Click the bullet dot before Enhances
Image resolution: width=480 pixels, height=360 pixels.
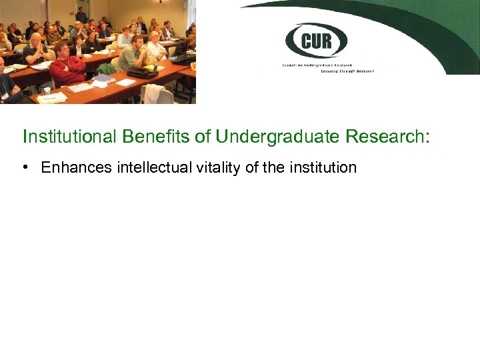pyautogui.click(x=25, y=167)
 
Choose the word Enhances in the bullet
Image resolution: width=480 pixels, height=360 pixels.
pyautogui.click(x=77, y=167)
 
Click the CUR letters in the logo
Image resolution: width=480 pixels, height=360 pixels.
pyautogui.click(x=317, y=41)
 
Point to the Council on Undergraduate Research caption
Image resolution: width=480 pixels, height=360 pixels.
pyautogui.click(x=327, y=65)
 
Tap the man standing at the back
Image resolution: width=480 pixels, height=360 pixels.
pyautogui.click(x=81, y=15)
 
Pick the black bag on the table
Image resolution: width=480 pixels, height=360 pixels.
pyautogui.click(x=141, y=71)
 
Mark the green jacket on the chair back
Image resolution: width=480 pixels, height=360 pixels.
pyautogui.click(x=107, y=69)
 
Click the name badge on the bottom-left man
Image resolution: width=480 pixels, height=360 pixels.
pyautogui.click(x=6, y=95)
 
